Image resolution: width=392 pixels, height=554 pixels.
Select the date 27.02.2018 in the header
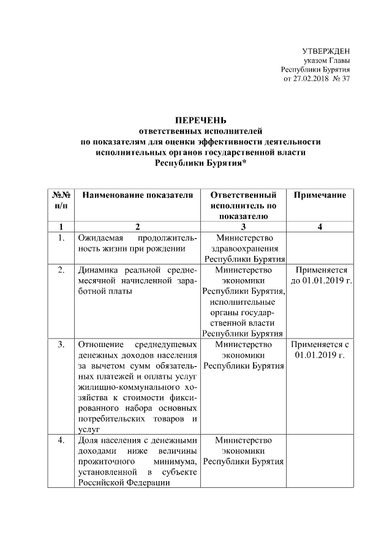point(312,79)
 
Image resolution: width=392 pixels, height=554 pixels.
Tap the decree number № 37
point(341,79)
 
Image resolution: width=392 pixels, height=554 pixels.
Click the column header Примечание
point(320,195)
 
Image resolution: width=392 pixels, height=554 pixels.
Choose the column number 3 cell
point(243,227)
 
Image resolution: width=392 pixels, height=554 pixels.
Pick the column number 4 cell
point(320,227)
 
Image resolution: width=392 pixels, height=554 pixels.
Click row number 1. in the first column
point(61,238)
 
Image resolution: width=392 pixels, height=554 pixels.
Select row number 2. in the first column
point(61,270)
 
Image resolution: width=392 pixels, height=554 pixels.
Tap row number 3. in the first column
point(61,345)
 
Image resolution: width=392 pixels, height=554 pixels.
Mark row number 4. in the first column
point(61,440)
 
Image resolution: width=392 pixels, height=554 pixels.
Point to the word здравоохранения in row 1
point(243,249)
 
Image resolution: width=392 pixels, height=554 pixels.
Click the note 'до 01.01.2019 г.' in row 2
point(320,281)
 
